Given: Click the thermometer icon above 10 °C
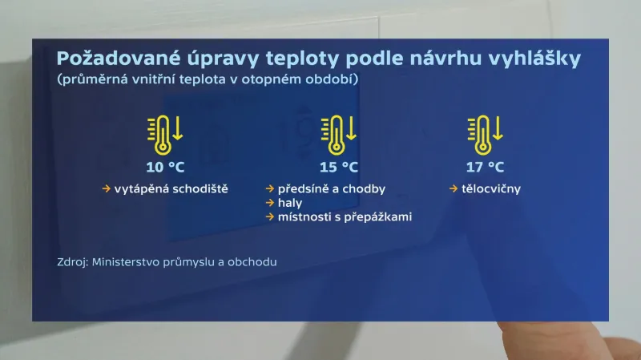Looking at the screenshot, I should (163, 135).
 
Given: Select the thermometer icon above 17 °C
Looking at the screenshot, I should (482, 135).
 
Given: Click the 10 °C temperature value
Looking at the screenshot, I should (164, 168).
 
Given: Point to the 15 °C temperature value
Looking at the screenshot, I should (339, 168).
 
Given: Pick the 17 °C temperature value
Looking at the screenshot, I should (486, 168).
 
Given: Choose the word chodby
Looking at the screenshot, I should (365, 189).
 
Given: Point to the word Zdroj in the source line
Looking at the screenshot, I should (74, 262).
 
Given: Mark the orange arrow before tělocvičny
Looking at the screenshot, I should (454, 189).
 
